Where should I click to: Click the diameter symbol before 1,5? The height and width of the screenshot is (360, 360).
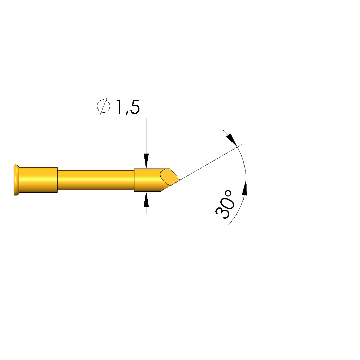click(x=103, y=106)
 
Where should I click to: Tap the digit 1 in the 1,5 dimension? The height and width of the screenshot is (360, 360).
click(x=119, y=107)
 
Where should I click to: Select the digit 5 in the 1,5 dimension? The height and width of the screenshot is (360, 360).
click(x=135, y=107)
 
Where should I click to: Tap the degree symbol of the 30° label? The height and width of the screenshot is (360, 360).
click(x=228, y=193)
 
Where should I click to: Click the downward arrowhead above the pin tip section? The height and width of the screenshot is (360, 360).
click(x=146, y=161)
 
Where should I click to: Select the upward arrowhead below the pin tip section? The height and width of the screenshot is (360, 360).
click(x=146, y=199)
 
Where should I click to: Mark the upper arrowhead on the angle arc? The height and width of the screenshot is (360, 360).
click(x=232, y=140)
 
